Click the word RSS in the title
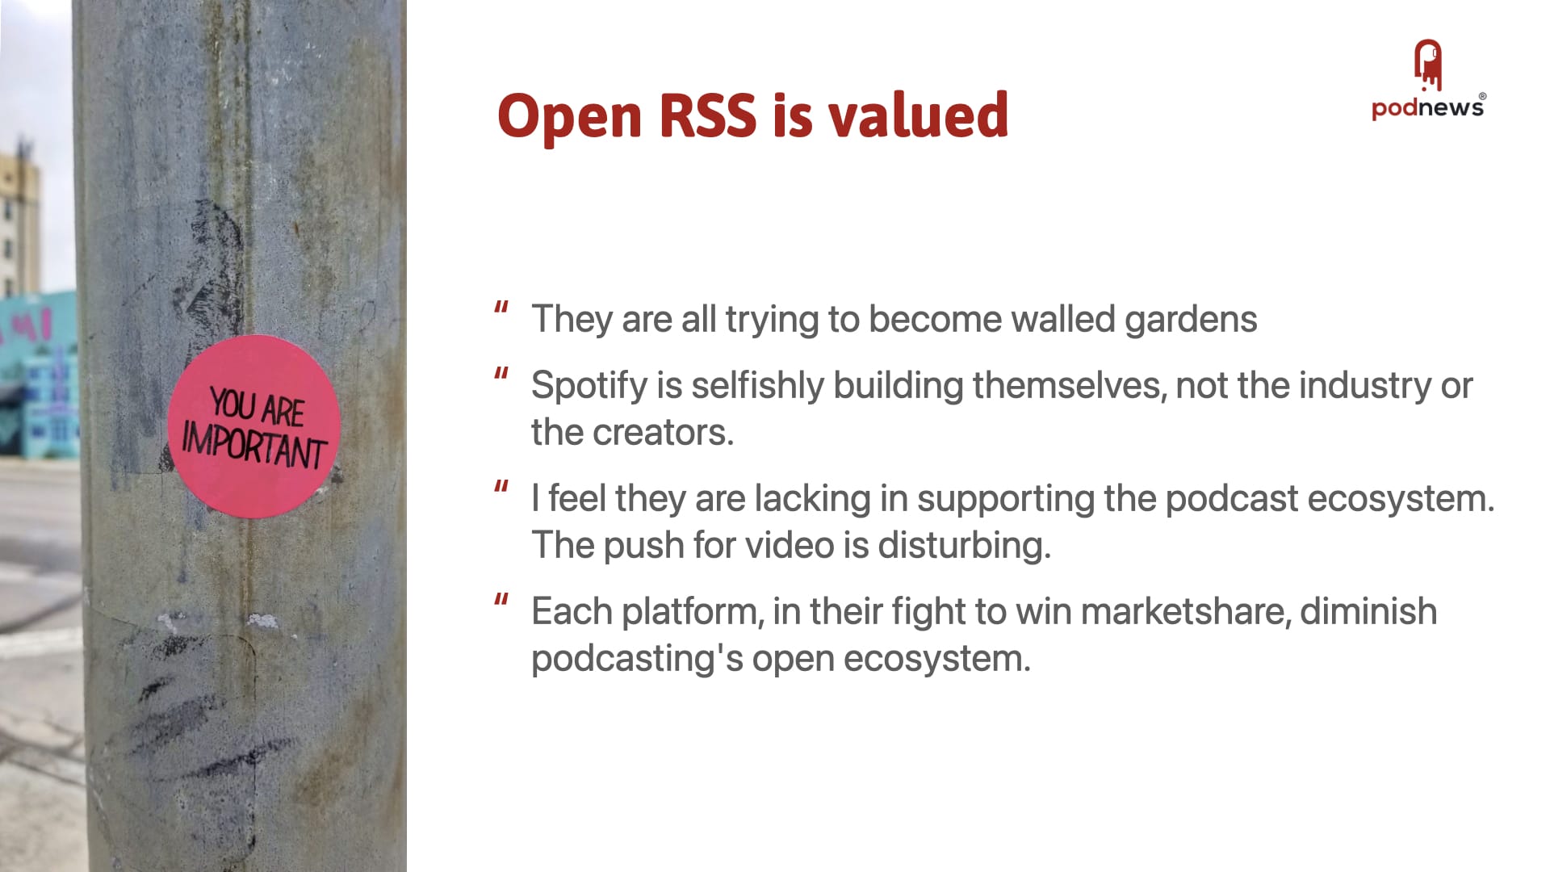(x=707, y=115)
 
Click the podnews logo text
(x=1428, y=107)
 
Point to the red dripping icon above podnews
(x=1428, y=65)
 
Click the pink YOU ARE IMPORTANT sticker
(x=253, y=426)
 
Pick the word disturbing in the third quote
(x=964, y=546)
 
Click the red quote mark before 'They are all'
(x=501, y=308)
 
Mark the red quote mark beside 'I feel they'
(x=501, y=487)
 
